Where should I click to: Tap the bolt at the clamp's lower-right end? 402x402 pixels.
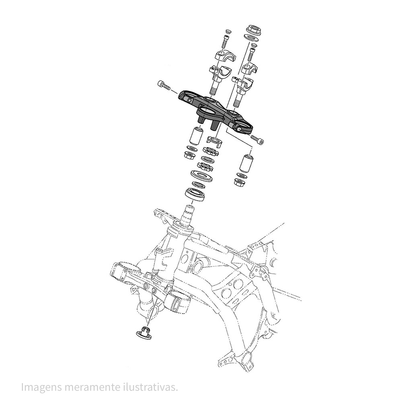click(x=257, y=139)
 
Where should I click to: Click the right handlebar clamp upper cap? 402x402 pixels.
click(x=250, y=68)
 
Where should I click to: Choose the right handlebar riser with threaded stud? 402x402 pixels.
click(x=242, y=90)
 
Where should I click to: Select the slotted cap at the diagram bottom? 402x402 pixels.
click(x=144, y=332)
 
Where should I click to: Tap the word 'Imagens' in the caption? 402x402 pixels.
click(x=41, y=388)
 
